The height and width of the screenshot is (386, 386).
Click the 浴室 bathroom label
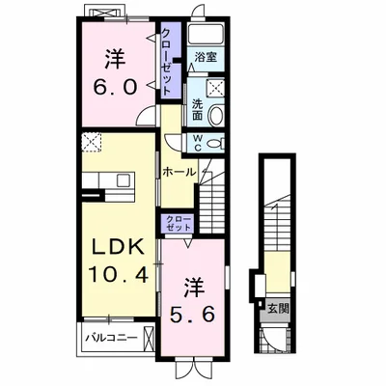[206, 58]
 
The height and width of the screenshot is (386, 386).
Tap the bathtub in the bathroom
[206, 34]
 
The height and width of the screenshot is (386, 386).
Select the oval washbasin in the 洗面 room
[216, 116]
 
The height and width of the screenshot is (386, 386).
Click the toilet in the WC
[215, 143]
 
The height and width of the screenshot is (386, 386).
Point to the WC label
[198, 143]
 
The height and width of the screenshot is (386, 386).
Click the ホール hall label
[179, 172]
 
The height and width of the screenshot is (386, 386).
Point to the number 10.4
[119, 274]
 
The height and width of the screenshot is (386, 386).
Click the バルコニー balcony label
[111, 338]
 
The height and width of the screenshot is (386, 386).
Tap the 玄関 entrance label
[278, 309]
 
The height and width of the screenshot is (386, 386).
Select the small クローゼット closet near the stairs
[179, 223]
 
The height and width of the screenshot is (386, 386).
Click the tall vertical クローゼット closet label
[166, 61]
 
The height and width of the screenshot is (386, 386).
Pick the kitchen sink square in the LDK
[124, 180]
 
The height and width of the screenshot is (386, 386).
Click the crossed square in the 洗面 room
[215, 87]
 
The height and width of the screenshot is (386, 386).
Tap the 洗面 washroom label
[197, 109]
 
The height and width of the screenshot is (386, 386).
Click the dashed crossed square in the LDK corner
[92, 142]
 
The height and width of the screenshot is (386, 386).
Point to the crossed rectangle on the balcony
[149, 339]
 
